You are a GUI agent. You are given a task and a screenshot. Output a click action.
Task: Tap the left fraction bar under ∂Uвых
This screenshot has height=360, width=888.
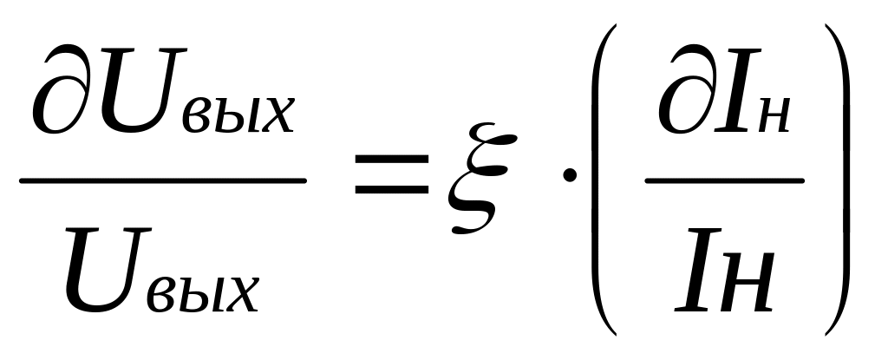(x=162, y=181)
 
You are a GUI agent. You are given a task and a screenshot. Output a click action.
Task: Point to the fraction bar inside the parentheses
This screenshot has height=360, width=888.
(x=724, y=181)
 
